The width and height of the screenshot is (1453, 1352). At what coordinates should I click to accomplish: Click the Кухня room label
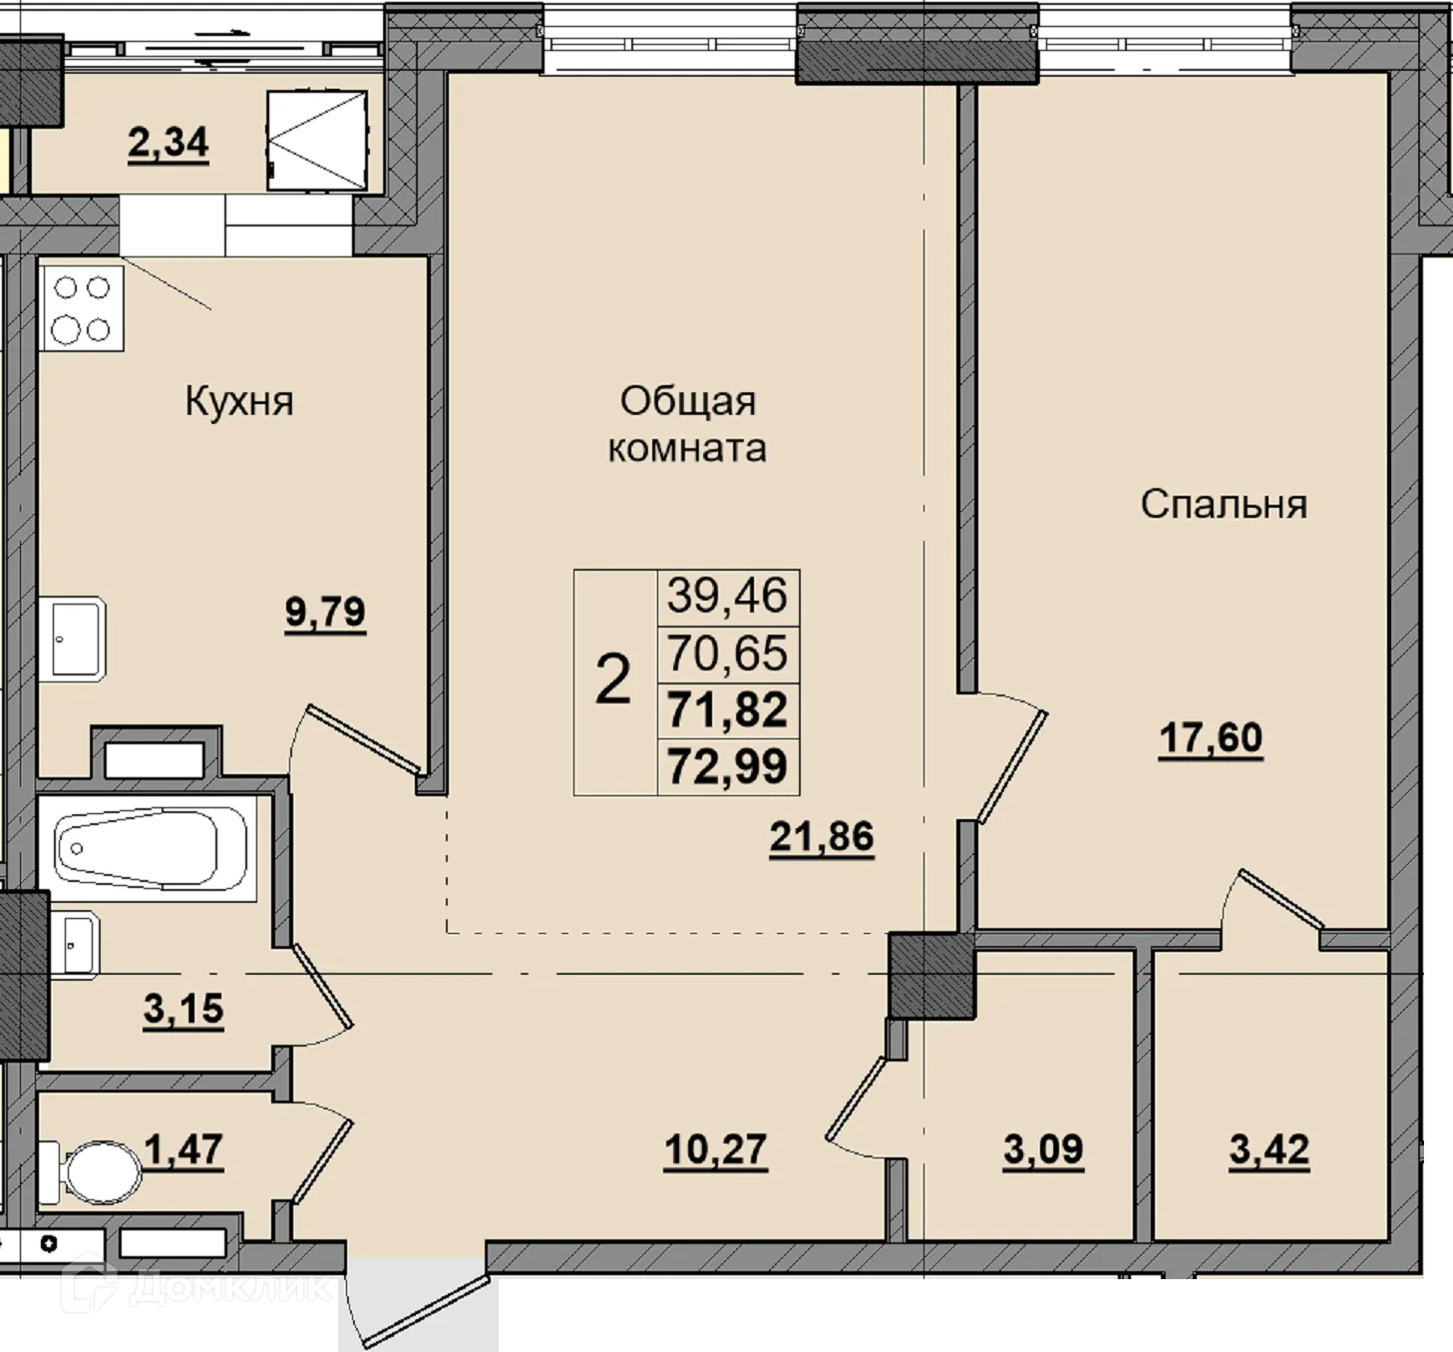point(238,402)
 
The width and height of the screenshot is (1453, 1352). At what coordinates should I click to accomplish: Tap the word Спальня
point(1224,504)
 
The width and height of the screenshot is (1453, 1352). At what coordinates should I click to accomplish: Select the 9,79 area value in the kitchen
point(325,612)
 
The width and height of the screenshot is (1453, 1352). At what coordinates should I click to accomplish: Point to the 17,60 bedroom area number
point(1211,737)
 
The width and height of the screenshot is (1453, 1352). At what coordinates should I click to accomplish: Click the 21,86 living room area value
point(822,836)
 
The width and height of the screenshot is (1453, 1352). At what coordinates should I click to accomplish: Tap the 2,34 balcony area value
point(169,142)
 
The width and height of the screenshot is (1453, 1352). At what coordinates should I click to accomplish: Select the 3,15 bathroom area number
point(183,1008)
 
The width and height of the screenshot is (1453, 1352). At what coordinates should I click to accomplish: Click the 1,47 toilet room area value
point(183,1148)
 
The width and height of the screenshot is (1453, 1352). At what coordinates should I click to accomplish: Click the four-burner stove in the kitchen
point(81,308)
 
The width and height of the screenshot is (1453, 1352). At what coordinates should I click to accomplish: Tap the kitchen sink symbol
point(72,639)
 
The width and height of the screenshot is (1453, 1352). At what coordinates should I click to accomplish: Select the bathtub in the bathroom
point(148,848)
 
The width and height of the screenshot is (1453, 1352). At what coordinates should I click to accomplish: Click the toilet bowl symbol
point(91,1173)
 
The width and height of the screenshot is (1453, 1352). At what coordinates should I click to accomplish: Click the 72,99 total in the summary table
point(727,766)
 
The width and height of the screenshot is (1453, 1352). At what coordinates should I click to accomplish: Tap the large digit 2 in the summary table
point(613,679)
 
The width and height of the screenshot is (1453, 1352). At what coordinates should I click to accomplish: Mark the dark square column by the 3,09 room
point(932,976)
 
